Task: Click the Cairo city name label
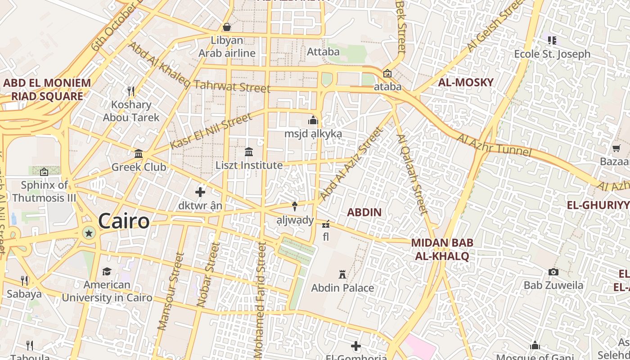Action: click(x=123, y=221)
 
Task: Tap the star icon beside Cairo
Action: click(x=89, y=233)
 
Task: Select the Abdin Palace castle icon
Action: click(x=342, y=274)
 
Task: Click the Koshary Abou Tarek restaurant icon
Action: click(x=131, y=91)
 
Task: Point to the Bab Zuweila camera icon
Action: click(x=553, y=272)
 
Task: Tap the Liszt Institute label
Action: click(x=249, y=165)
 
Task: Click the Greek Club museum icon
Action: click(x=139, y=154)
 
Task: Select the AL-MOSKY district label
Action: click(x=466, y=82)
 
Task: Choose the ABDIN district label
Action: click(x=364, y=212)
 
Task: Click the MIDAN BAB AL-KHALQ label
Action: click(x=442, y=249)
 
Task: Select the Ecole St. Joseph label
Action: click(x=552, y=54)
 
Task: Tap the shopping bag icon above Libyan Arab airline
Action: click(x=227, y=27)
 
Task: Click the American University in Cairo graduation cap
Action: click(x=107, y=271)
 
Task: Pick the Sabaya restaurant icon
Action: click(x=24, y=281)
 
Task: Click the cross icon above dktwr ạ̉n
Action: click(x=200, y=192)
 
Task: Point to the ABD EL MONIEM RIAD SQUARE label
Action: click(x=47, y=89)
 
